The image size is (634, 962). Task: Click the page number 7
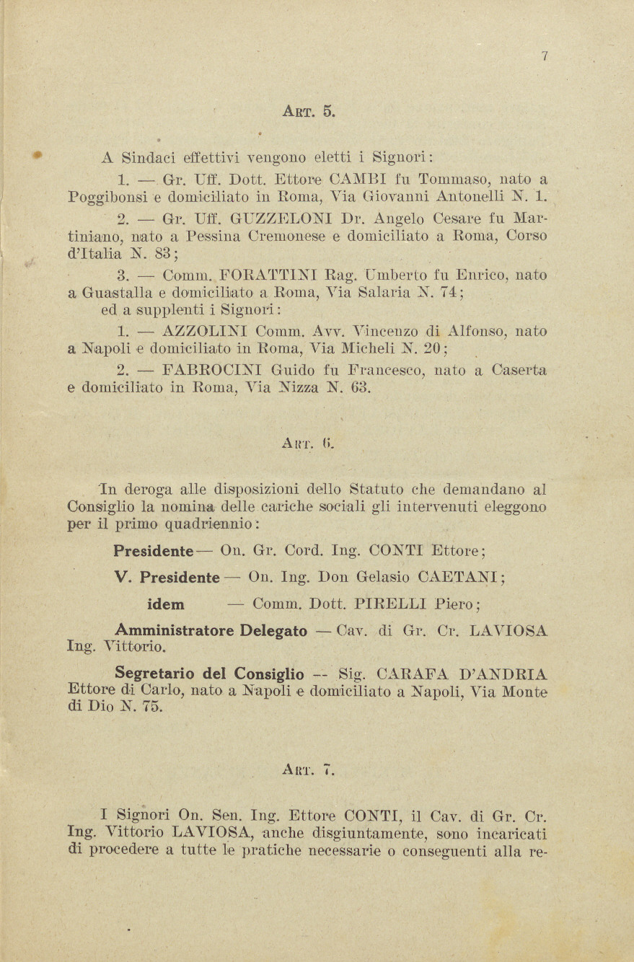(545, 57)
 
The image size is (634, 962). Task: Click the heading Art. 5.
(308, 111)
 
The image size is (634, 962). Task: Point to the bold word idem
(165, 604)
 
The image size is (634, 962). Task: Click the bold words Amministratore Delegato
(211, 630)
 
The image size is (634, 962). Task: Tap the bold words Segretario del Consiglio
(209, 674)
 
